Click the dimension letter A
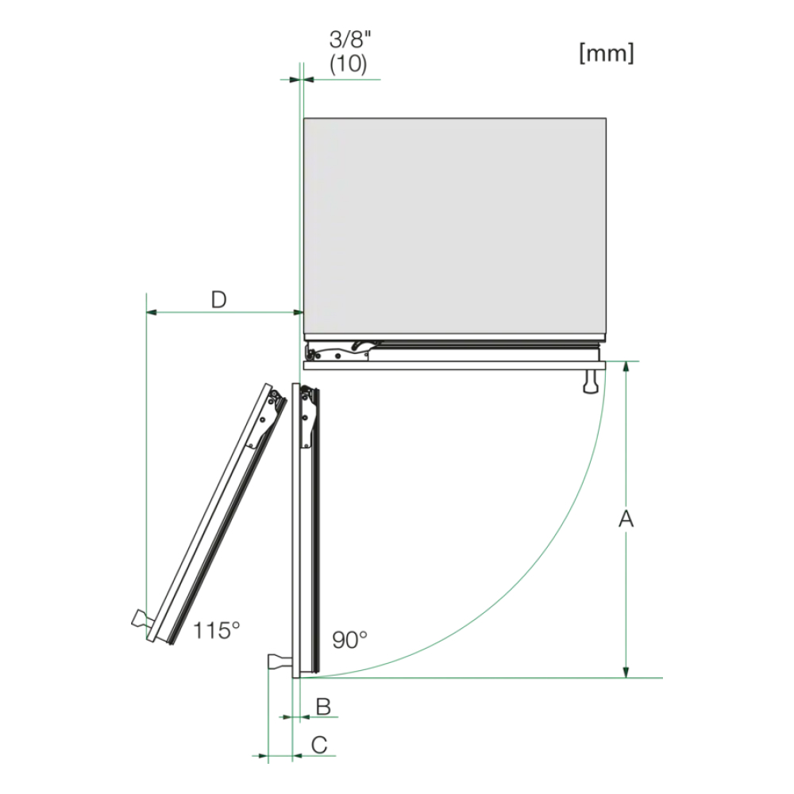pos(626,518)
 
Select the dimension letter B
pos(323,707)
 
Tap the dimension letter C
pos(319,745)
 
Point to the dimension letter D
pos(219,300)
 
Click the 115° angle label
pos(216,631)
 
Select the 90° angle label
pos(349,640)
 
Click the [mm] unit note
pos(606,52)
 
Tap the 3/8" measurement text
pos(350,40)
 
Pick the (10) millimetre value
pos(349,64)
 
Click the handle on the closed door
pos(591,381)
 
